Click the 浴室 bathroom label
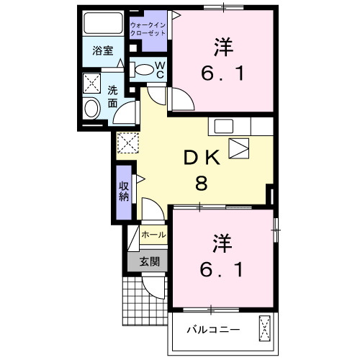[x=102, y=51]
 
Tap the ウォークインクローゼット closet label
[x=148, y=30]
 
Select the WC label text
[x=160, y=70]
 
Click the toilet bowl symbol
[x=146, y=71]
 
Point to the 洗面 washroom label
[x=114, y=97]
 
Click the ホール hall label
[x=153, y=235]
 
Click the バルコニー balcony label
[x=212, y=330]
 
